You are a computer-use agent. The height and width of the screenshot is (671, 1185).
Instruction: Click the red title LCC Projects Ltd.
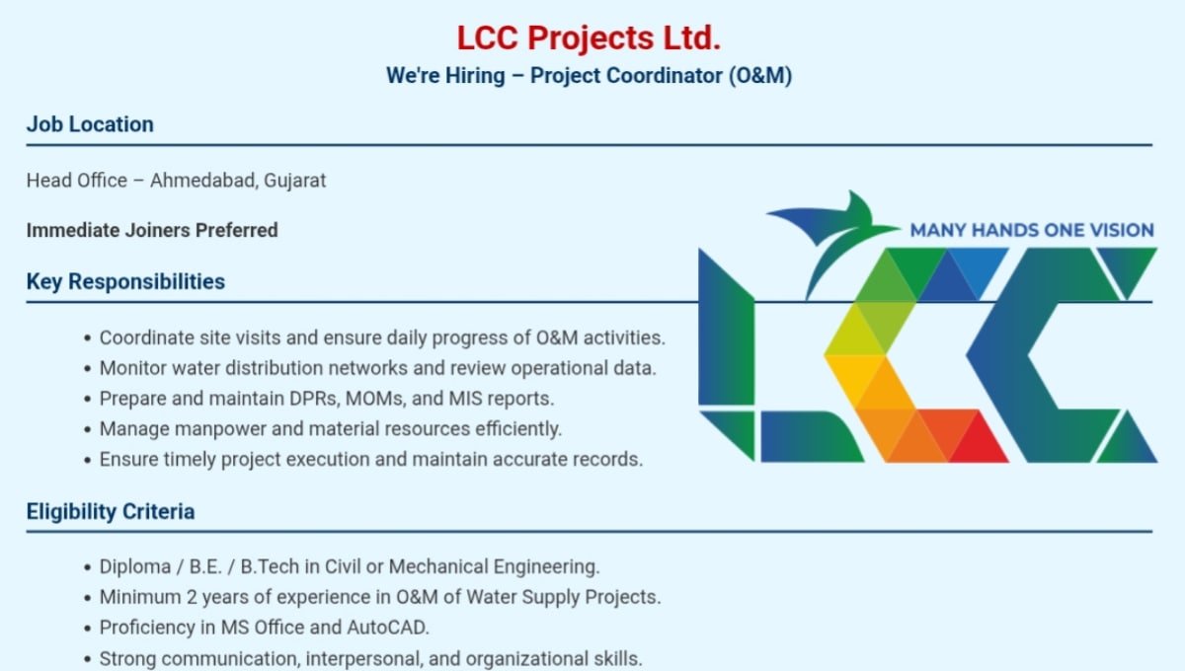point(589,38)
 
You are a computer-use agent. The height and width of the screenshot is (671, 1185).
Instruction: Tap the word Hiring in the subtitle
point(475,76)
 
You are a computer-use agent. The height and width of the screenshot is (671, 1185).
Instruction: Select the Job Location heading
point(90,124)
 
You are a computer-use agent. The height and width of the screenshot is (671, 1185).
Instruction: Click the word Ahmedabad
point(204,181)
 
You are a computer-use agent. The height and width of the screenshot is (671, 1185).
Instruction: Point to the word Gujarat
point(294,181)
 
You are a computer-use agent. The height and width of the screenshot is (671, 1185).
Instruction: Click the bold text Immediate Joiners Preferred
point(152,231)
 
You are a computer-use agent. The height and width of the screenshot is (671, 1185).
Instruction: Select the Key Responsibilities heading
point(126,282)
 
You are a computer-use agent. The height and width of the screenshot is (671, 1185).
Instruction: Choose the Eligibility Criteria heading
point(111,512)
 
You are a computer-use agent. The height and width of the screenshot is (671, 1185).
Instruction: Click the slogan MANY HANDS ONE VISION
point(1032,230)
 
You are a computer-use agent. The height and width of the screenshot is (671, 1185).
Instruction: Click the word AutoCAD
point(388,628)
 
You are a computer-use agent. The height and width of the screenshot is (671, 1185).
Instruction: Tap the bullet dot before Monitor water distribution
point(87,368)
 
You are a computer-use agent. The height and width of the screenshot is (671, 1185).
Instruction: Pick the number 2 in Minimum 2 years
point(192,598)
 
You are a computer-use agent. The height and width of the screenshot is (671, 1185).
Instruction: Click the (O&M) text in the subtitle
point(760,76)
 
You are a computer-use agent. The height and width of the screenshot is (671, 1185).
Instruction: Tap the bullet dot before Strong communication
point(87,660)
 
